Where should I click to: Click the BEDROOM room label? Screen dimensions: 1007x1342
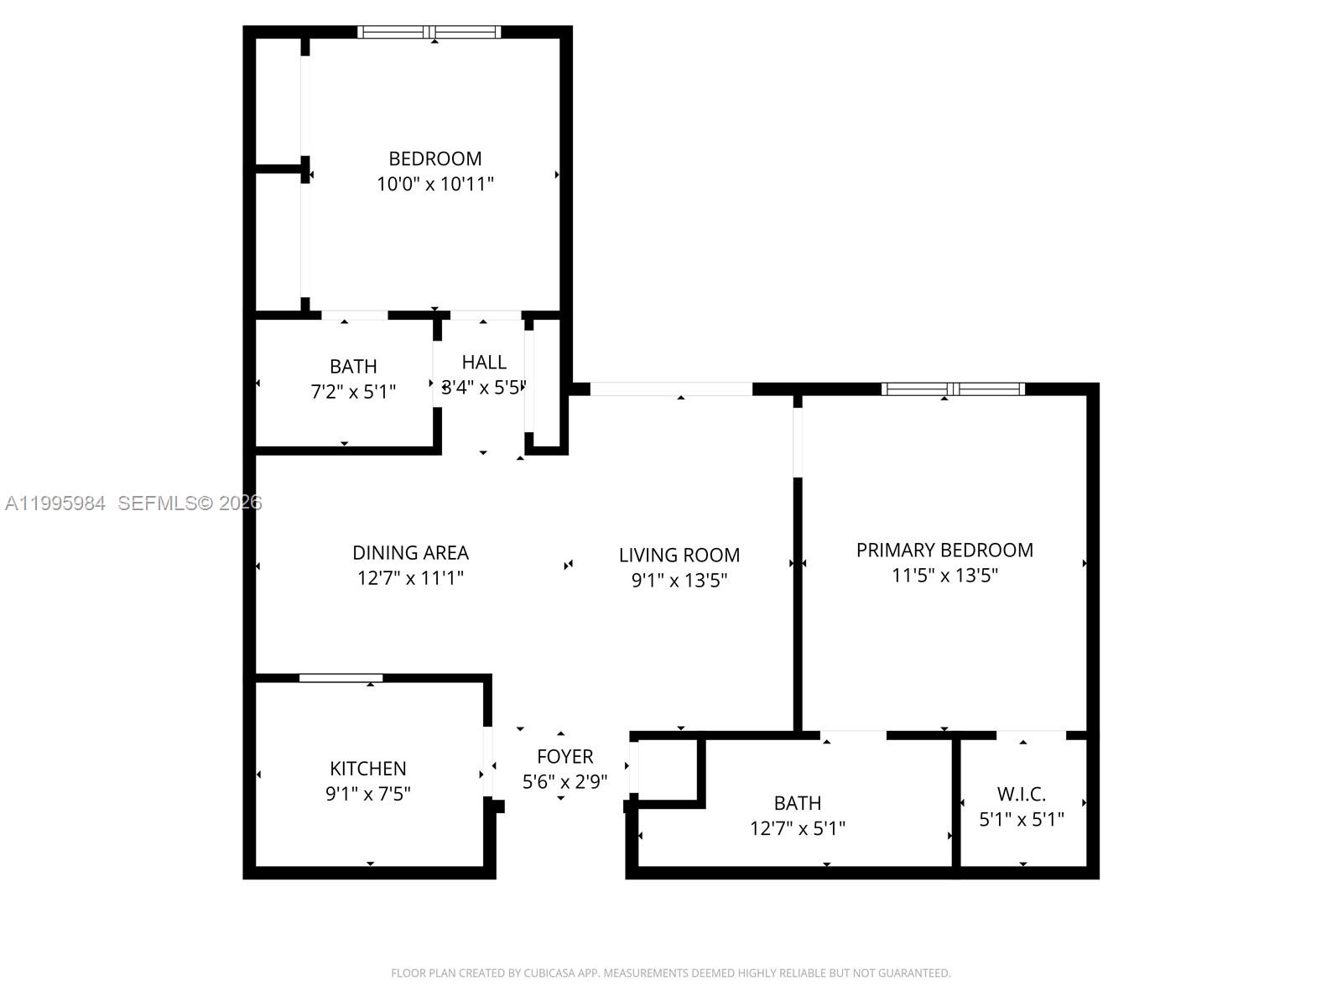tap(434, 159)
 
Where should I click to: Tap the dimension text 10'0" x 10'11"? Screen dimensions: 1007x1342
tap(434, 184)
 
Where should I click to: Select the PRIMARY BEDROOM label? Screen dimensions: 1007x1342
tap(944, 550)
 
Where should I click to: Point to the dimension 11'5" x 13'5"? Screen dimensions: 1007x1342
tap(944, 576)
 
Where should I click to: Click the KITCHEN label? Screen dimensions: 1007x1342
tap(367, 768)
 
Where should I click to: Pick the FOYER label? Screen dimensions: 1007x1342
tap(564, 756)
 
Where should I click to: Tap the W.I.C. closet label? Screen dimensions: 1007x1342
tap(1021, 794)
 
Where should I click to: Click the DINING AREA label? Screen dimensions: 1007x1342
tap(410, 552)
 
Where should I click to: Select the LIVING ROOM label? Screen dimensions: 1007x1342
tap(679, 555)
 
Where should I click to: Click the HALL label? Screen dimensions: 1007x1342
tap(484, 362)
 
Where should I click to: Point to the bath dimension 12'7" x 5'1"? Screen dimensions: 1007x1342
tap(797, 828)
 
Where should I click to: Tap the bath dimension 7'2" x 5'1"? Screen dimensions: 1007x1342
tap(353, 392)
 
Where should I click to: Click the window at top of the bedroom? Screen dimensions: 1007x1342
tap(429, 33)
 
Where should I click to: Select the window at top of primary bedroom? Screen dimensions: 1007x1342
tap(953, 389)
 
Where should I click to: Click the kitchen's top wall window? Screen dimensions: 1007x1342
tap(341, 677)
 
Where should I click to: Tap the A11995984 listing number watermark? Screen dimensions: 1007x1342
tap(55, 503)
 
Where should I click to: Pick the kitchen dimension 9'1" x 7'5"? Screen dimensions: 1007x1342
tap(367, 794)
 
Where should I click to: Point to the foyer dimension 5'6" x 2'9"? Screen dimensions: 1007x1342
tap(564, 782)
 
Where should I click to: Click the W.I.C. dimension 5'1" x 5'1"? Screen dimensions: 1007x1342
tap(1021, 819)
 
